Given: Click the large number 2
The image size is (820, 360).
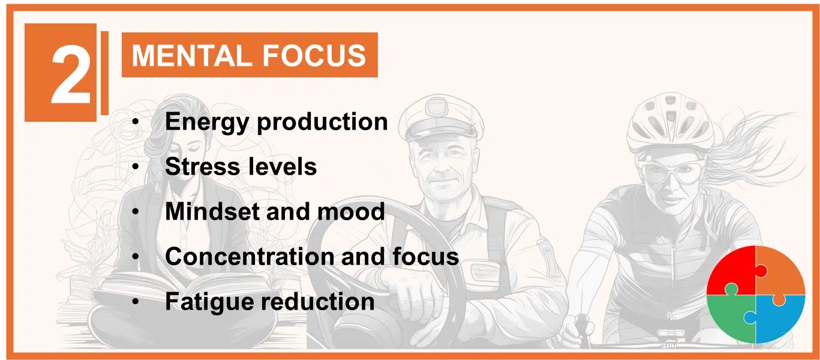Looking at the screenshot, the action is [x=71, y=76].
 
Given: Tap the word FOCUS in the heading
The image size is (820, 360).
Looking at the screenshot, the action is [x=314, y=56].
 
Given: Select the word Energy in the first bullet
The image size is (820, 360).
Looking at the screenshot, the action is [x=207, y=122].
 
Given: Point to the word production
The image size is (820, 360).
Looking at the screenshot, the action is [x=322, y=122].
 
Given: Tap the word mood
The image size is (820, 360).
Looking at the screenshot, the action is [x=351, y=212].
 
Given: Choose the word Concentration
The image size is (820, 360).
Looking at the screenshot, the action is [x=250, y=256].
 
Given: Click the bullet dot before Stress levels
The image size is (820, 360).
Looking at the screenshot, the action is [x=136, y=167].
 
